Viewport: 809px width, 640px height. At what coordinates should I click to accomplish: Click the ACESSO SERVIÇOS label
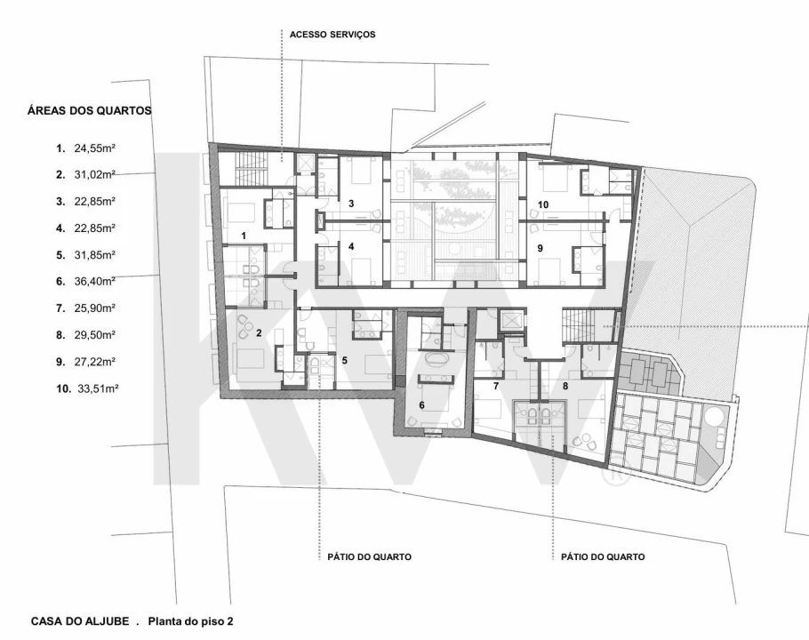(332, 35)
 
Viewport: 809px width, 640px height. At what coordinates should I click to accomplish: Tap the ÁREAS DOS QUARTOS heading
(89, 110)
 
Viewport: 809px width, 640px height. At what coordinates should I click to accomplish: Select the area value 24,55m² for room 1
(94, 148)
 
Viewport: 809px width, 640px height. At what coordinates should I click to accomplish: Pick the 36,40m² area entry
(94, 282)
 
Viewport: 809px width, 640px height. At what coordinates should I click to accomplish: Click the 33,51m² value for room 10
(98, 388)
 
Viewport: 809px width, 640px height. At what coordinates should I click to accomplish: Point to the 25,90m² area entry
(94, 308)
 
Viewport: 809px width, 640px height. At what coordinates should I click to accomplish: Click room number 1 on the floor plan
(244, 236)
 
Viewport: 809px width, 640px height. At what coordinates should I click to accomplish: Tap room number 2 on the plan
(259, 333)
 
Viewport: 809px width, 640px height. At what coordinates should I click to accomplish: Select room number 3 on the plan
(351, 204)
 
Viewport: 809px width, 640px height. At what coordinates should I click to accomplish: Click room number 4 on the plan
(351, 246)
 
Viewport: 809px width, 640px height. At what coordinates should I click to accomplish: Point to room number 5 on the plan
(345, 361)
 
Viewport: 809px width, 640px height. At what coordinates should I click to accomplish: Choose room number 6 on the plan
(421, 405)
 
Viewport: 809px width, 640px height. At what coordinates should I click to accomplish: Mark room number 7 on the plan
(496, 386)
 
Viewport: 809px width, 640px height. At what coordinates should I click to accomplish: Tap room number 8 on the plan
(565, 386)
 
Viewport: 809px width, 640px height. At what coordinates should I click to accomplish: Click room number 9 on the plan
(541, 248)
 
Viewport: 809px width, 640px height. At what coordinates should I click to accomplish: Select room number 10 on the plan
(543, 204)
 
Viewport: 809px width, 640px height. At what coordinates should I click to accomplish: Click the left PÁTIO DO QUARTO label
(370, 557)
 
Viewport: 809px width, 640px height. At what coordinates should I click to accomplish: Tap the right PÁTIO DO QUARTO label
(603, 557)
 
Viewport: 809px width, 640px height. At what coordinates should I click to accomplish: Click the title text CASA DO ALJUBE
(80, 621)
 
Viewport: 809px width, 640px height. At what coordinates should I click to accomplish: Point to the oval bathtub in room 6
(437, 359)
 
